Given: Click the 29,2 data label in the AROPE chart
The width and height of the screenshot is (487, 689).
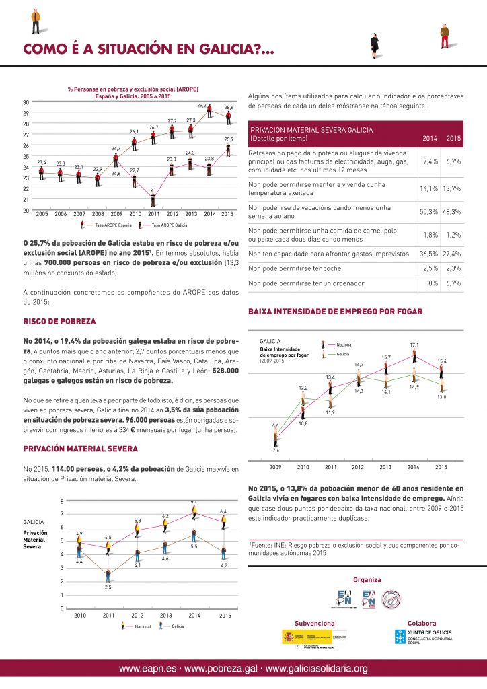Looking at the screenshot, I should coord(201,106).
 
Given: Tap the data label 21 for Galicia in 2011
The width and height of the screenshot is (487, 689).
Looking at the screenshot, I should coord(153,190).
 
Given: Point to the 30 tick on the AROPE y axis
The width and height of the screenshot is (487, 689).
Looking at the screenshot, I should coord(25,102).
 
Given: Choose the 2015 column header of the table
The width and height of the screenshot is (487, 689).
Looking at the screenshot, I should coord(453,138).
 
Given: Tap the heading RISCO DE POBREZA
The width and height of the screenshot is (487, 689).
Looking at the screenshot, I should coord(59,322).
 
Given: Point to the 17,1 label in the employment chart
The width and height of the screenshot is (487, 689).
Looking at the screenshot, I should coord(414,344).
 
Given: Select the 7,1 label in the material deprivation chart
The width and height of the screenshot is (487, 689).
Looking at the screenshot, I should coord(194,503).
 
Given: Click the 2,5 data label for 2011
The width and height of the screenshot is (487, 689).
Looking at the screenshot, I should coord(108,587).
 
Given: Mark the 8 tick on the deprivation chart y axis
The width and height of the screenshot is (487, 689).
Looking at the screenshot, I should coord(62,501).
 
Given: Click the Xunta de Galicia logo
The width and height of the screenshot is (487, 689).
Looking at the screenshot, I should coord(422,637).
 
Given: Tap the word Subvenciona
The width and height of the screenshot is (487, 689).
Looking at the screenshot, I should coord(314,623).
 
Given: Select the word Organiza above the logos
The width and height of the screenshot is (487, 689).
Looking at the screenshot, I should coord(367,579).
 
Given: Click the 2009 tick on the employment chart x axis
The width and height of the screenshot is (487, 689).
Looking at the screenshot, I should coord(275,466).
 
